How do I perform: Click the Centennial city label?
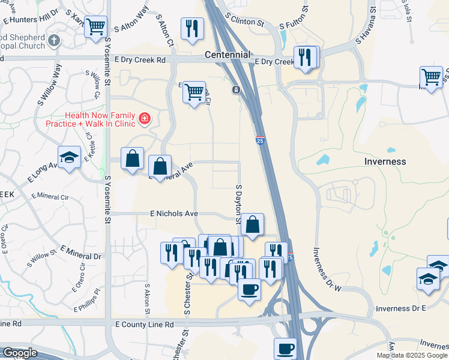click(x=228, y=55)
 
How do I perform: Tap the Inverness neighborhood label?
click(x=385, y=162)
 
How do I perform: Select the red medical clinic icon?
click(x=144, y=119)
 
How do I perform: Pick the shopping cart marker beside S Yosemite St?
click(x=95, y=27)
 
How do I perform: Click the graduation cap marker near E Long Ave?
click(x=70, y=158)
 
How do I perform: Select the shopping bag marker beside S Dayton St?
click(x=253, y=225)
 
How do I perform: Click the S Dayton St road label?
click(x=238, y=204)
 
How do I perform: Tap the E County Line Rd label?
click(x=144, y=325)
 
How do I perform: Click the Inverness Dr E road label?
click(x=400, y=308)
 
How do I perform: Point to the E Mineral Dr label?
click(x=80, y=253)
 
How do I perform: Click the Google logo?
click(x=20, y=352)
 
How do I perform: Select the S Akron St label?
click(x=146, y=298)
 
